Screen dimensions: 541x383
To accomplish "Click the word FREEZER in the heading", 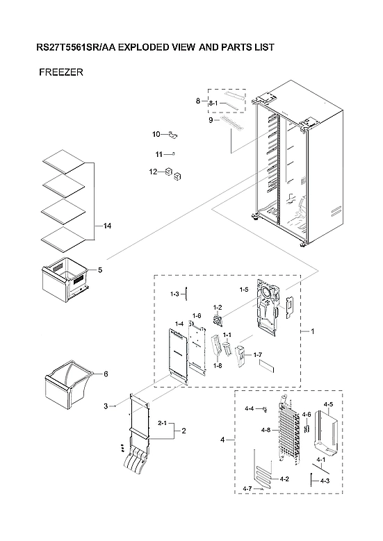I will click(61, 72).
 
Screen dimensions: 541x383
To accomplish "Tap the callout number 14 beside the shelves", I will click(106, 226).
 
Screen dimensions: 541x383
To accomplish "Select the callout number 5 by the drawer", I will click(100, 269).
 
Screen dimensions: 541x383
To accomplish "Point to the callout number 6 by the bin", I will click(106, 374).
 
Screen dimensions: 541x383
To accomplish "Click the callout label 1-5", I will click(244, 289).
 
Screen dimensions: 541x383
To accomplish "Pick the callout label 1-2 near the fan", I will click(217, 308).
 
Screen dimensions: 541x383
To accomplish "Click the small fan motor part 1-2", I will click(221, 320).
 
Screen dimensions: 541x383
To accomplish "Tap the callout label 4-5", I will click(328, 404).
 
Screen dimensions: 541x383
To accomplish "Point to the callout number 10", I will click(156, 133).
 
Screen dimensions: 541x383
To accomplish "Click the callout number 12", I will click(152, 172).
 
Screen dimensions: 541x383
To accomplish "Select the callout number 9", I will click(210, 120).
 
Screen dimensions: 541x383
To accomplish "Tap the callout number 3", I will click(106, 406).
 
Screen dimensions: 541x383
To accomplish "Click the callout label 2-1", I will click(162, 422).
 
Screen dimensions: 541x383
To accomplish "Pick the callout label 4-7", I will click(247, 490).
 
